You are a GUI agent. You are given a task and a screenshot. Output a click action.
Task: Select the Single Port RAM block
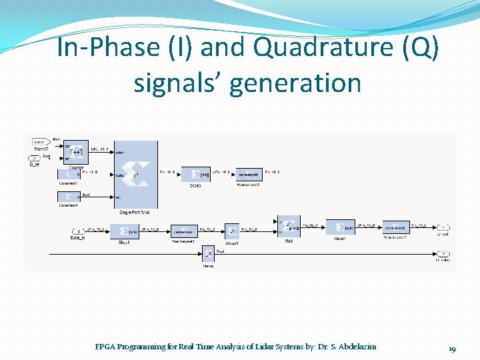135,175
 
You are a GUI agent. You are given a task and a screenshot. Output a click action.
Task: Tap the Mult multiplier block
289,227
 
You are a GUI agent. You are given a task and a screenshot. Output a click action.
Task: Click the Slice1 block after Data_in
124,231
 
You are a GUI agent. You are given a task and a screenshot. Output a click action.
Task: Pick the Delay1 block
231,231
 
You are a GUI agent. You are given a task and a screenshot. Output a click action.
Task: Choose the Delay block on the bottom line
207,255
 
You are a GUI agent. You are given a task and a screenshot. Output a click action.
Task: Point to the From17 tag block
39,141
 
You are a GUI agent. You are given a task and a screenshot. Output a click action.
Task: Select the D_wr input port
35,158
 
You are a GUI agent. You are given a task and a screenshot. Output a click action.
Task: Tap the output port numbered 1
443,227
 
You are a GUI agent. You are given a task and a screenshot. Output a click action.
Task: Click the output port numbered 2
443,254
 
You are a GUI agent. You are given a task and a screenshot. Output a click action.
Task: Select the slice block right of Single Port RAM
195,174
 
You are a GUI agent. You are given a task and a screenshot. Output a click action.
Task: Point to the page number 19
451,349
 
